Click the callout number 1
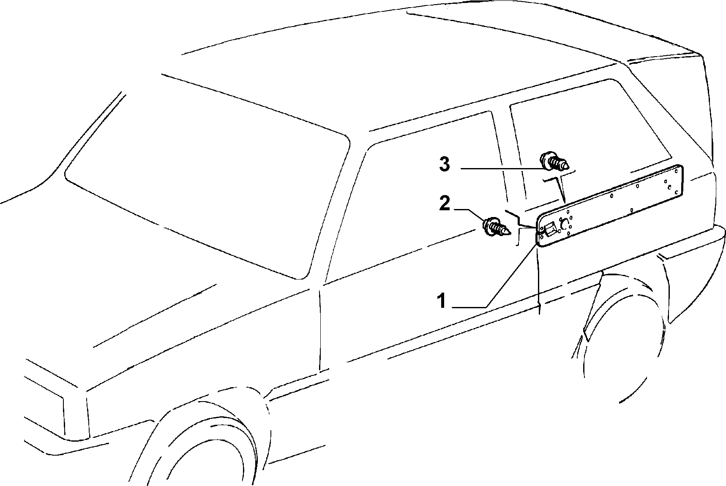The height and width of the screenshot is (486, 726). (x=442, y=301)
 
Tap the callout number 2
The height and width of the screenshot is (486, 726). (x=445, y=204)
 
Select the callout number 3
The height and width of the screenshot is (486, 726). (x=445, y=164)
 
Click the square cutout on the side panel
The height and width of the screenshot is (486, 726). (x=550, y=229)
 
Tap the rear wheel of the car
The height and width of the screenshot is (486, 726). (x=621, y=338)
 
